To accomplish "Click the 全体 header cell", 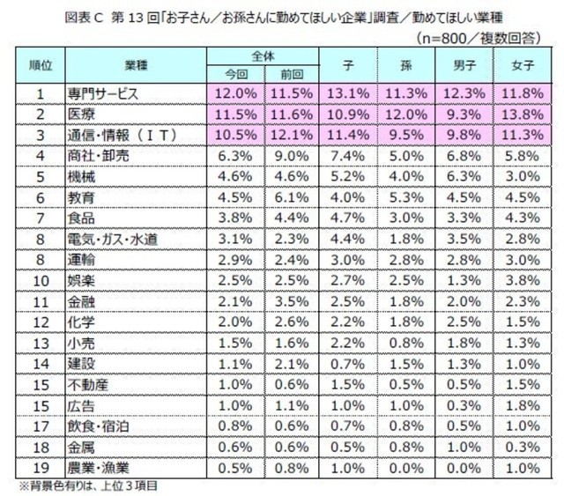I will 259,56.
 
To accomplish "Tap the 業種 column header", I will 130,65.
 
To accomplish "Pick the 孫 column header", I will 403,65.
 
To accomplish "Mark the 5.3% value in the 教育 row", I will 403,196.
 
